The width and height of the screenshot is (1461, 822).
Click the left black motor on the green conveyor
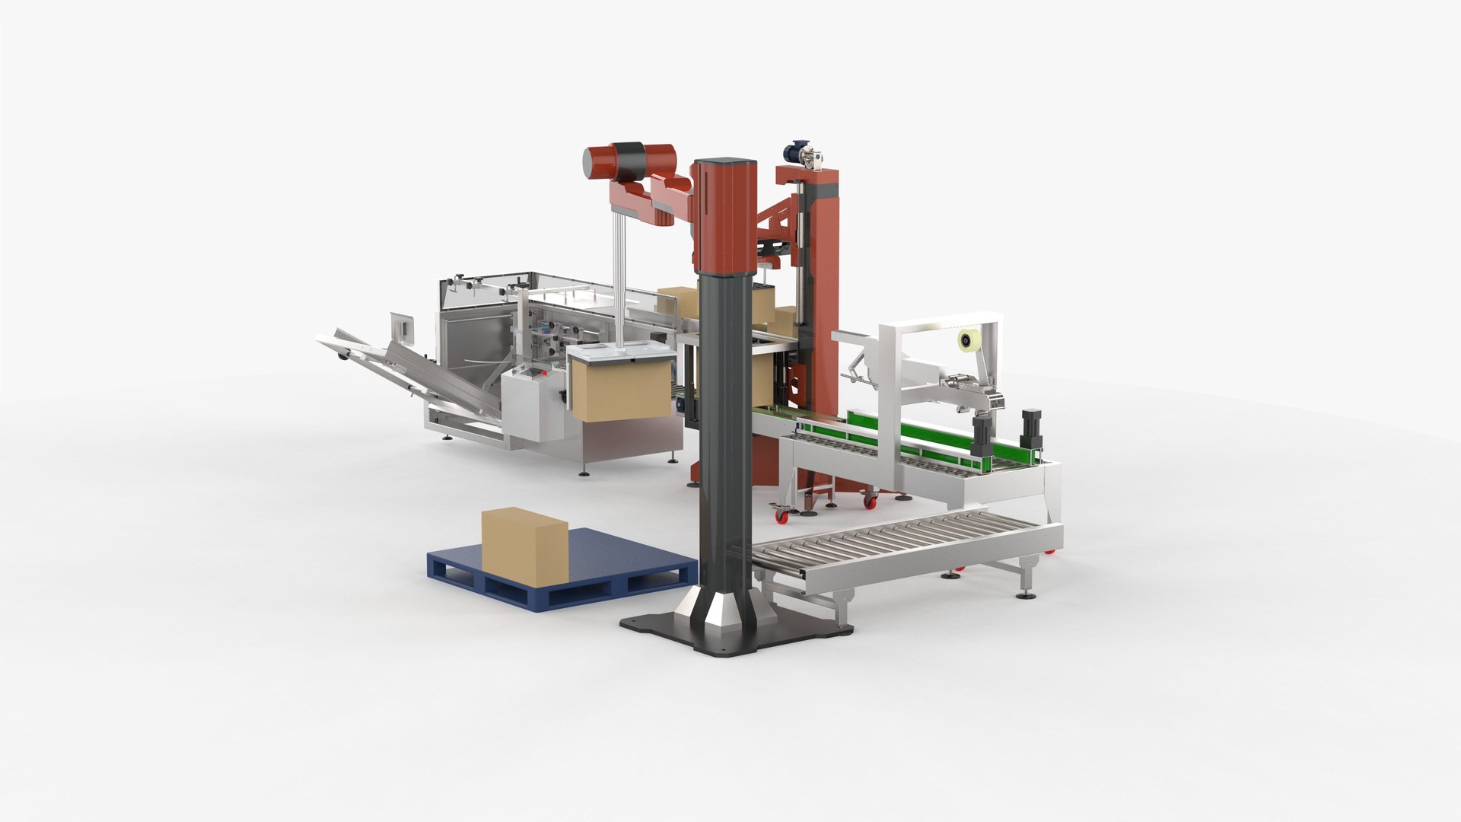point(983,434)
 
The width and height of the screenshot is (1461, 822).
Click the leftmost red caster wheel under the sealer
point(781,515)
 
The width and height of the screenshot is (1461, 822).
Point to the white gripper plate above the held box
point(620,353)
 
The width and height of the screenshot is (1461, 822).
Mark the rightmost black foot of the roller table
point(1027,594)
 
